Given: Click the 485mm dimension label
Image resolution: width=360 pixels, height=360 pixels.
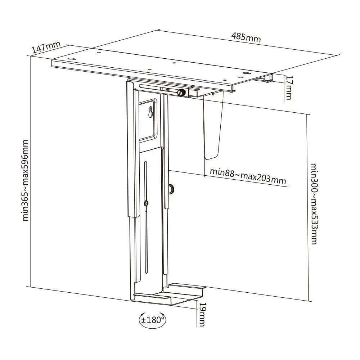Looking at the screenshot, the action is click(246, 38).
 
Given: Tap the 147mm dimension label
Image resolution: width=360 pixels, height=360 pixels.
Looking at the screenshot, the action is click(46, 47).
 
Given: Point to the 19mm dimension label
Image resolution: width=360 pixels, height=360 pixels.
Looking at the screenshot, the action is click(202, 314).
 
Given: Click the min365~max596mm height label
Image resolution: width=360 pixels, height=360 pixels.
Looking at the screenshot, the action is click(25, 180).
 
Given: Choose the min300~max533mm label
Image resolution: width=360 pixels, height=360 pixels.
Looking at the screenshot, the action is click(314, 204).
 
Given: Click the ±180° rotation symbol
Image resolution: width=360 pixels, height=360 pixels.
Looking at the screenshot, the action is click(153, 320).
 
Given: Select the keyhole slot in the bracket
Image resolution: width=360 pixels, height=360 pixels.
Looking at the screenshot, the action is click(150, 112).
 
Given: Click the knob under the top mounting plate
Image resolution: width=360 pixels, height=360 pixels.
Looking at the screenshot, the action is click(181, 93).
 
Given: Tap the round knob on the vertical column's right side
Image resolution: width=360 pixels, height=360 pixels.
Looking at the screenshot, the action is click(171, 189).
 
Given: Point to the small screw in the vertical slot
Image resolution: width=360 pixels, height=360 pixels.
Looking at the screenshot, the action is click(146, 203).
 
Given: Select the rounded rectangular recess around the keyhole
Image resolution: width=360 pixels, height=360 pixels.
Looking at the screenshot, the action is click(148, 120).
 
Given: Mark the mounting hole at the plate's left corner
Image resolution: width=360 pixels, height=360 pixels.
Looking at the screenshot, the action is click(71, 59).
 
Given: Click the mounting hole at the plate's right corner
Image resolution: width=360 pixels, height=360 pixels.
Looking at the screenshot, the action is click(246, 73).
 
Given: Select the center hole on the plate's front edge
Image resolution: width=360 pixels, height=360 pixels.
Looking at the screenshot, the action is click(150, 69).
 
